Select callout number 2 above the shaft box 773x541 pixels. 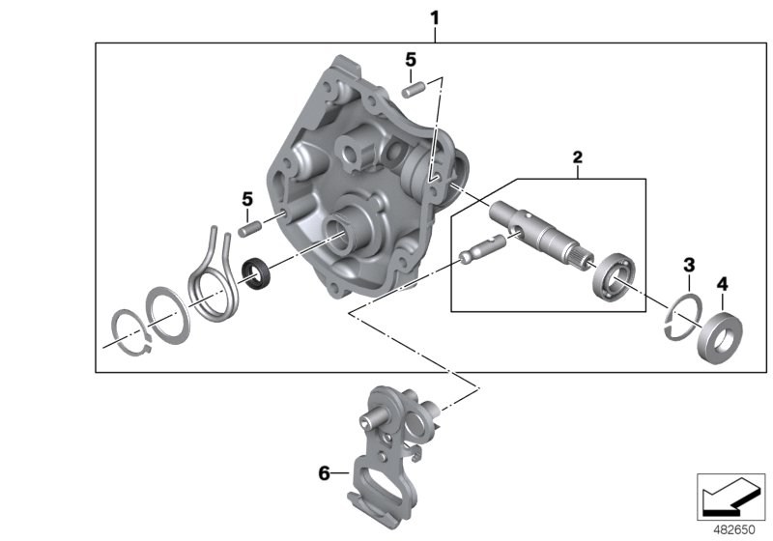click(x=577, y=157)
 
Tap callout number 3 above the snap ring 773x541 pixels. click(x=688, y=264)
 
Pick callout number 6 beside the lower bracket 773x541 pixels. click(x=326, y=473)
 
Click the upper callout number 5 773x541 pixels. click(x=411, y=60)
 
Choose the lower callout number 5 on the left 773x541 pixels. click(x=246, y=199)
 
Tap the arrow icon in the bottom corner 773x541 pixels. click(x=730, y=494)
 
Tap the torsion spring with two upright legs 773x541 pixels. click(x=211, y=276)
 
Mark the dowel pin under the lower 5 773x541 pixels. click(x=250, y=230)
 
